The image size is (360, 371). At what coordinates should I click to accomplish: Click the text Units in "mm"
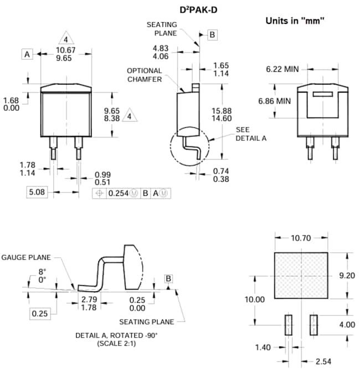(x=295, y=21)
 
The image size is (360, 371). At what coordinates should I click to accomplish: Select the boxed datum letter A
(x=27, y=54)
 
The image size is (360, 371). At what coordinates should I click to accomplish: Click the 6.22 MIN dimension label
(x=282, y=69)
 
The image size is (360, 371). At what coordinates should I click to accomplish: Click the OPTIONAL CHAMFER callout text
(x=145, y=75)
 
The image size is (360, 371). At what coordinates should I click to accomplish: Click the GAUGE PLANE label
(x=26, y=257)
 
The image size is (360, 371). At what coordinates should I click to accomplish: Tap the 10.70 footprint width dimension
(x=301, y=238)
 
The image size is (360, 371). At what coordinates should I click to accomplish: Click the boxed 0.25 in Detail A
(x=39, y=313)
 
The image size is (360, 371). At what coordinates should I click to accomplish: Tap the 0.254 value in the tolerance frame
(x=119, y=194)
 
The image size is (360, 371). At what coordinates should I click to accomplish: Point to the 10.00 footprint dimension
(x=255, y=299)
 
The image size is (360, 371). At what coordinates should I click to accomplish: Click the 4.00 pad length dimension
(x=346, y=324)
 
